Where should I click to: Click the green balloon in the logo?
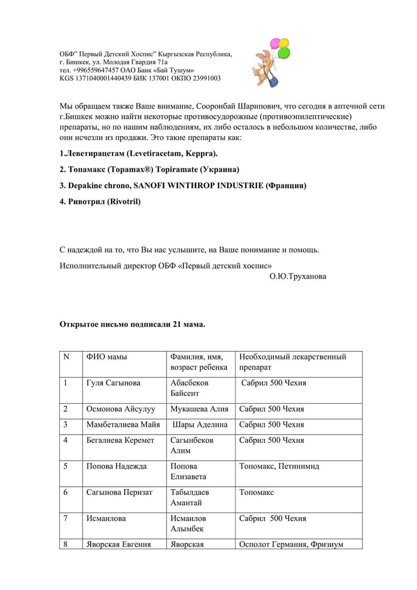(x=284, y=53)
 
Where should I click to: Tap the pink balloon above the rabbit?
(x=275, y=43)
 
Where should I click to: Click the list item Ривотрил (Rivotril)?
(x=100, y=201)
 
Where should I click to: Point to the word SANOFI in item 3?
(x=149, y=186)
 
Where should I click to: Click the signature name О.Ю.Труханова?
(x=298, y=276)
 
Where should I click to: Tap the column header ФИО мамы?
(x=107, y=357)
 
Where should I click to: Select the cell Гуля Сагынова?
(x=113, y=383)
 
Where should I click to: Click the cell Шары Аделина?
(x=200, y=425)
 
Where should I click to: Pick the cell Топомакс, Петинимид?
(x=279, y=466)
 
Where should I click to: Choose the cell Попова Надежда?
(x=116, y=466)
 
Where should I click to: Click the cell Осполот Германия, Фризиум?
(x=291, y=544)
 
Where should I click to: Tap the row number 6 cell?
(x=65, y=493)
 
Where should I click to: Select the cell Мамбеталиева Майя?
(x=123, y=425)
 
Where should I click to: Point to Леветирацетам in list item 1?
(x=95, y=153)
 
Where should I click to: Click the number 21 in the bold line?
(x=177, y=324)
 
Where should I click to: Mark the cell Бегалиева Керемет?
(x=120, y=440)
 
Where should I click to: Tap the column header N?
(x=66, y=357)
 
